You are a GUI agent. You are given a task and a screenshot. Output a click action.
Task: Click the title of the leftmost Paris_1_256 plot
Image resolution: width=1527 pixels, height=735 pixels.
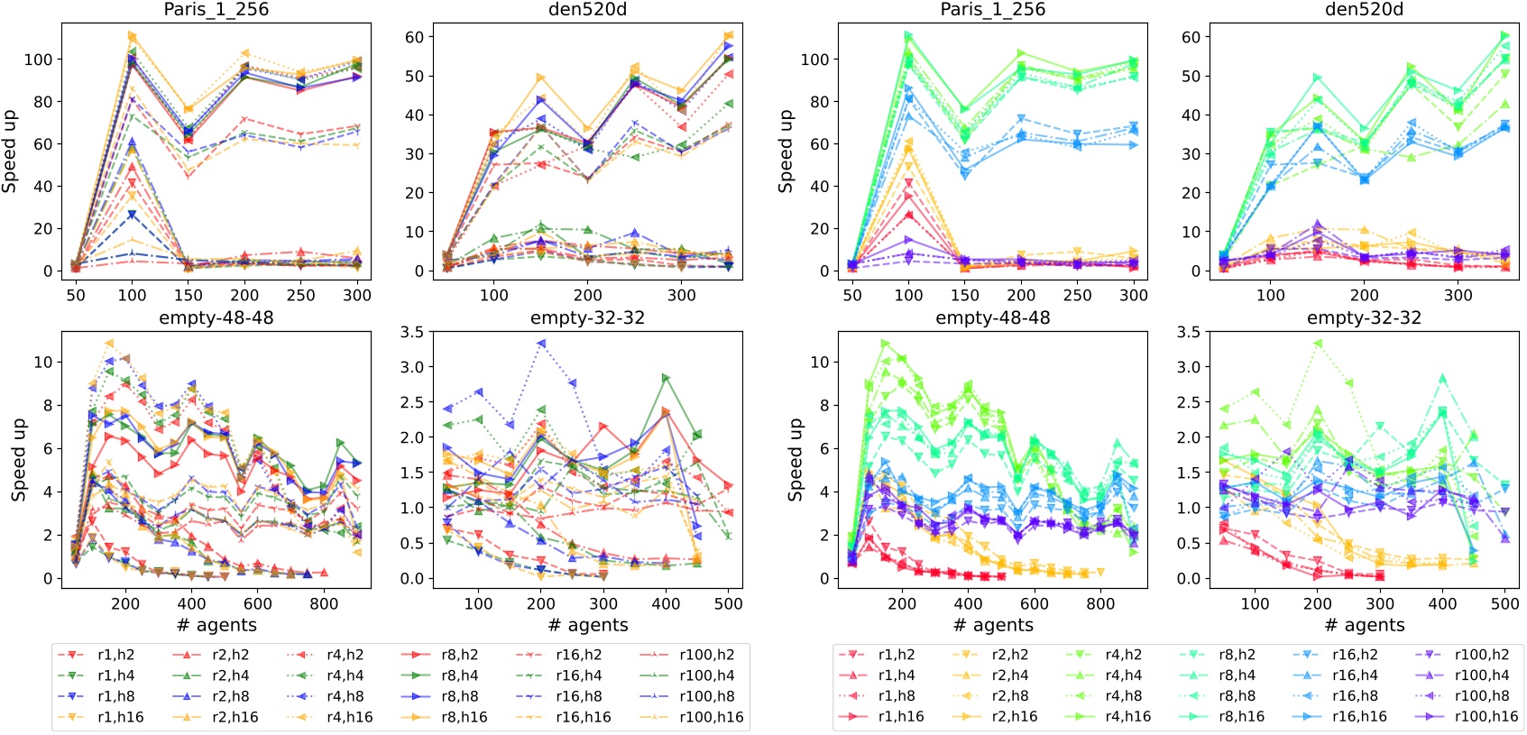[216, 10]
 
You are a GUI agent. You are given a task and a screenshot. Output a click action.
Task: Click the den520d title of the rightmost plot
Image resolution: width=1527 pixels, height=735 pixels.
[1364, 10]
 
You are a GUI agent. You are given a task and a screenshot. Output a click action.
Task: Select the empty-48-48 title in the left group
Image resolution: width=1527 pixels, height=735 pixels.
[216, 318]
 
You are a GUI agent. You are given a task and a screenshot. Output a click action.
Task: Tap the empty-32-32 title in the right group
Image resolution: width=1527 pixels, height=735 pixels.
[1364, 318]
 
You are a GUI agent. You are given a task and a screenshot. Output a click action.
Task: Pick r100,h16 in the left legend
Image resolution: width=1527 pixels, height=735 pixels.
[711, 718]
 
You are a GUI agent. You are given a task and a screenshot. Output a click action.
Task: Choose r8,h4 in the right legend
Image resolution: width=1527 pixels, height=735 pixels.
[1238, 675]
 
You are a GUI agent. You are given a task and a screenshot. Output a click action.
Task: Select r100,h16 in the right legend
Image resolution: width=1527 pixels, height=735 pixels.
[1486, 717]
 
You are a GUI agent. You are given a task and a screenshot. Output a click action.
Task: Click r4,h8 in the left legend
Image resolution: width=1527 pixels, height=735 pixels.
[345, 697]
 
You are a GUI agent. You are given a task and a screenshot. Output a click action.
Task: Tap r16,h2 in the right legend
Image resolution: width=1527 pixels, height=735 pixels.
[1355, 656]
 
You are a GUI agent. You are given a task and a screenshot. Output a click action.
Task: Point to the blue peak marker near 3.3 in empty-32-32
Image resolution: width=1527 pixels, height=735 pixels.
[541, 344]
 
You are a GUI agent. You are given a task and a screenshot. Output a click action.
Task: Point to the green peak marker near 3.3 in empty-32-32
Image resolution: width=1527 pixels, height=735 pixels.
[1318, 344]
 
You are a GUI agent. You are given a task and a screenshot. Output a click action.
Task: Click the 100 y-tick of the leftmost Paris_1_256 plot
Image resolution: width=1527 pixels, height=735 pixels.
[39, 60]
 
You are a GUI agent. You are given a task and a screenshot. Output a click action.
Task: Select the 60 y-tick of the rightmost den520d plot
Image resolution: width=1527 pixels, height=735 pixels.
[1191, 37]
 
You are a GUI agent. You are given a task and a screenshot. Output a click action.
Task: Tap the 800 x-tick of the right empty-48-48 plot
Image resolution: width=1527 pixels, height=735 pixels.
[1099, 603]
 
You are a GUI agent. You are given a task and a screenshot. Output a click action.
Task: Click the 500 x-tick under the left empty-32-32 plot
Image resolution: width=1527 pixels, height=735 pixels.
[728, 603]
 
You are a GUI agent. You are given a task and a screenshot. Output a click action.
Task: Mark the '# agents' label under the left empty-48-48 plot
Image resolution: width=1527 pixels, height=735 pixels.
[216, 625]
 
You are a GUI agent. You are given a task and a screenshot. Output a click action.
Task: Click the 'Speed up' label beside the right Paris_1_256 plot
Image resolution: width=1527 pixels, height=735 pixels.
[786, 151]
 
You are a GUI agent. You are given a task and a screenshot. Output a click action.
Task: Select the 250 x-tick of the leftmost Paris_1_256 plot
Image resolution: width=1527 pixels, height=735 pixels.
[300, 295]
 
